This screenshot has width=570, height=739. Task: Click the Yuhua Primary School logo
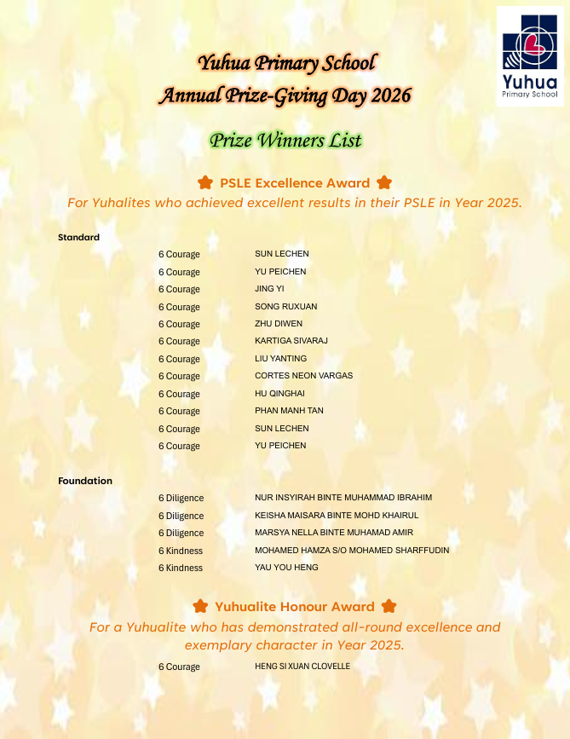529,55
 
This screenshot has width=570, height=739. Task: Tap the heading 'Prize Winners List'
285,141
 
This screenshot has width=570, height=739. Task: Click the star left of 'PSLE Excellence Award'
204,182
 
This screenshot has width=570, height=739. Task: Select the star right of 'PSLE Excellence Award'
384,182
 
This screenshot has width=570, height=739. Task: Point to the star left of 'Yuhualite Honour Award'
200,606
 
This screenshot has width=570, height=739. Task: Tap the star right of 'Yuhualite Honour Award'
389,606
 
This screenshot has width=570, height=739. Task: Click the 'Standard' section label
78,237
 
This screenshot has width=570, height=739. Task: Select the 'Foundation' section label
85,481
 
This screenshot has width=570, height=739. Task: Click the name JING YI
269,289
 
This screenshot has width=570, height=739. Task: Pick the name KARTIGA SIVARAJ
291,341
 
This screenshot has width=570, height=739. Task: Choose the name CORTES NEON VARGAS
303,376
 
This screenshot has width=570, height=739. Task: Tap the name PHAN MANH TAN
289,411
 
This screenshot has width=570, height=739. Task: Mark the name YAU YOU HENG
286,568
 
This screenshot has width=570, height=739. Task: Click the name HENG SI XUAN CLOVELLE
302,667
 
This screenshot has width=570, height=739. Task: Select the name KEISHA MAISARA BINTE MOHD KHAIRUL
337,516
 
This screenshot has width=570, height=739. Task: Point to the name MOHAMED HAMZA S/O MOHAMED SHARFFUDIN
352,551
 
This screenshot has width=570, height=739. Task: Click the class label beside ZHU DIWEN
179,324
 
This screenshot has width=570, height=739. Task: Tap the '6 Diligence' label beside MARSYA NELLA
181,533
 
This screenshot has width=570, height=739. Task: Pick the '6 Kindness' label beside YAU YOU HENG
181,568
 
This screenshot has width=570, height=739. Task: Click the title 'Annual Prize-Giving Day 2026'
285,95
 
